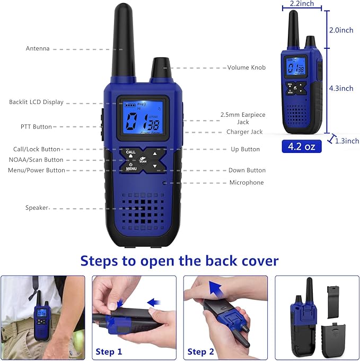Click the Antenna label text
pos(38,49)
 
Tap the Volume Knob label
pos(247,67)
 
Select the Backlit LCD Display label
pos(36,102)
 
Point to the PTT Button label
pos(36,127)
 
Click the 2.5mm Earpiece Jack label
pos(243,118)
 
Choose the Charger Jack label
pos(244,132)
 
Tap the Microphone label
pos(246,183)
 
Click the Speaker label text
pos(37,208)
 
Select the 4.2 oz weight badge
pos(302,146)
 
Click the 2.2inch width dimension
pos(302,4)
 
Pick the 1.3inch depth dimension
pos(347,141)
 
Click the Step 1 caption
pos(109,351)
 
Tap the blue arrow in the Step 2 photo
pos(214,289)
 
